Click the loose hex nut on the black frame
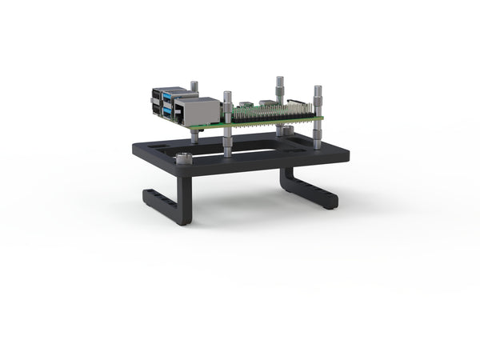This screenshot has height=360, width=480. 183,158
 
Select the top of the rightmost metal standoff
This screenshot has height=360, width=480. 318,89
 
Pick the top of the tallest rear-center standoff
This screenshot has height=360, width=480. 279,79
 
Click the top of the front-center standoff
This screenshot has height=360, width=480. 228,95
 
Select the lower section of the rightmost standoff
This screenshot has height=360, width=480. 318,137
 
